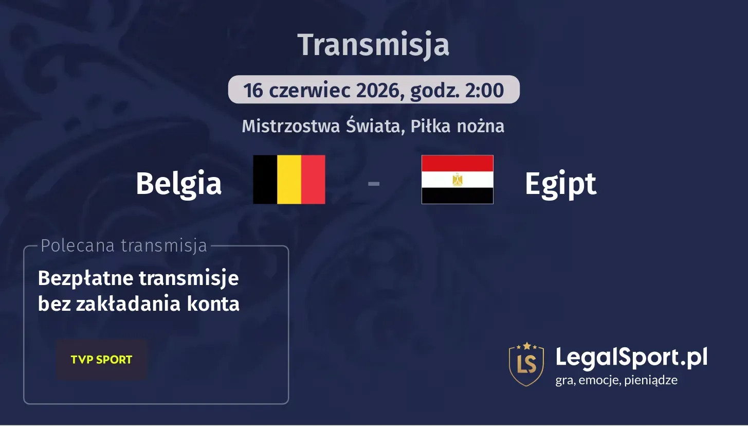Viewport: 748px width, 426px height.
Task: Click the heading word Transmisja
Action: pyautogui.click(x=373, y=45)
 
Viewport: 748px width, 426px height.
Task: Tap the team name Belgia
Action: pyautogui.click(x=178, y=183)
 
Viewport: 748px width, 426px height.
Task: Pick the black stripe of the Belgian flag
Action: pyautogui.click(x=265, y=180)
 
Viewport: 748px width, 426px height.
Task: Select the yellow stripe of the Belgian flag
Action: pyautogui.click(x=289, y=180)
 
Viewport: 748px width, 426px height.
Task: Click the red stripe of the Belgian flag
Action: pyautogui.click(x=313, y=180)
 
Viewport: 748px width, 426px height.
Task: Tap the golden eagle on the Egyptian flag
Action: pyautogui.click(x=457, y=180)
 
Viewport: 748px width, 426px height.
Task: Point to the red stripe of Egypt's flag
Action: pyautogui.click(x=457, y=163)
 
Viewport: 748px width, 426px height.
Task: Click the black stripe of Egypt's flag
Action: pyautogui.click(x=457, y=196)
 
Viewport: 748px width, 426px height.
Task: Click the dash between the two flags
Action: pyautogui.click(x=374, y=183)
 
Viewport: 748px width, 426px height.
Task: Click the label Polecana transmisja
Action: pyautogui.click(x=123, y=246)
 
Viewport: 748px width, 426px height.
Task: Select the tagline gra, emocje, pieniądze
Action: pyautogui.click(x=616, y=381)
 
